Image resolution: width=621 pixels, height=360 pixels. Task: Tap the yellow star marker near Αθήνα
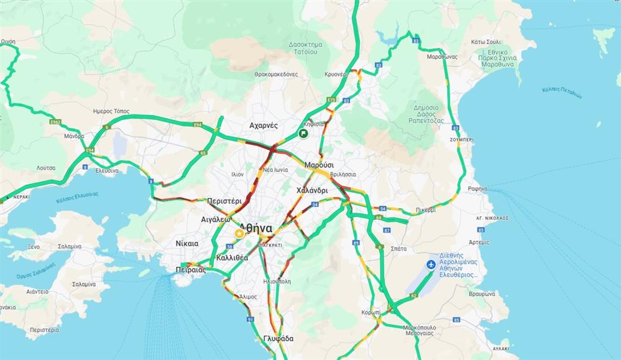coord(239,234)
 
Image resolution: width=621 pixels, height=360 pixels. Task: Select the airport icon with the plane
coord(431,265)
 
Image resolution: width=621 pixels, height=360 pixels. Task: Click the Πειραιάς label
coord(191,270)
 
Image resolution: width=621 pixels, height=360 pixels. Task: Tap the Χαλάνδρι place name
coord(311,190)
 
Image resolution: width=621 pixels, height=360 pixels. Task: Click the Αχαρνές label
coord(264,125)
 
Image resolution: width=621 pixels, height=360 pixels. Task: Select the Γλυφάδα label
coord(278,338)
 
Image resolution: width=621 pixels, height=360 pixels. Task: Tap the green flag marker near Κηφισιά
coord(303,133)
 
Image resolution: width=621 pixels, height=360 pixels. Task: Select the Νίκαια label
coord(187,243)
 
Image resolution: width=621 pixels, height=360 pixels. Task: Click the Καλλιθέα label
coord(232,257)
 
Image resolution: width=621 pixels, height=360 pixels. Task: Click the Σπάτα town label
coord(398,248)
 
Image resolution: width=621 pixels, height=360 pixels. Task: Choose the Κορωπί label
coord(371,312)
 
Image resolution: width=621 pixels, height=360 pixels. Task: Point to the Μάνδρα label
coord(73,136)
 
